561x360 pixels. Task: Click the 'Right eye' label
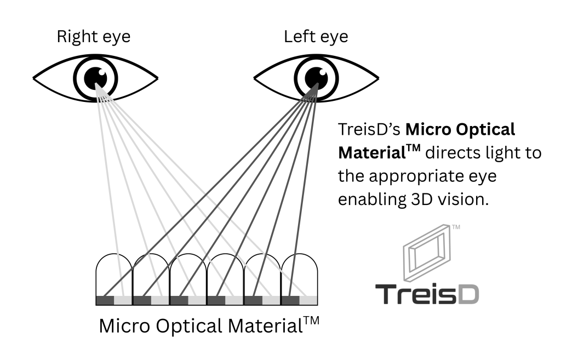94,37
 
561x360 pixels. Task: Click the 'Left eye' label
316,37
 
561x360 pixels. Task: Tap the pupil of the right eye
96,76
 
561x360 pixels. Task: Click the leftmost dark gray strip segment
105,300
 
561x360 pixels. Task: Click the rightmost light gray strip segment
309,300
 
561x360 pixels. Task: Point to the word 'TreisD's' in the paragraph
369,130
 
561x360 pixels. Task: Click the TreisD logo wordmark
427,294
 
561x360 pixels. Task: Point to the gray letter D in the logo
467,294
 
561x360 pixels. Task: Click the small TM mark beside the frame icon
455,225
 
